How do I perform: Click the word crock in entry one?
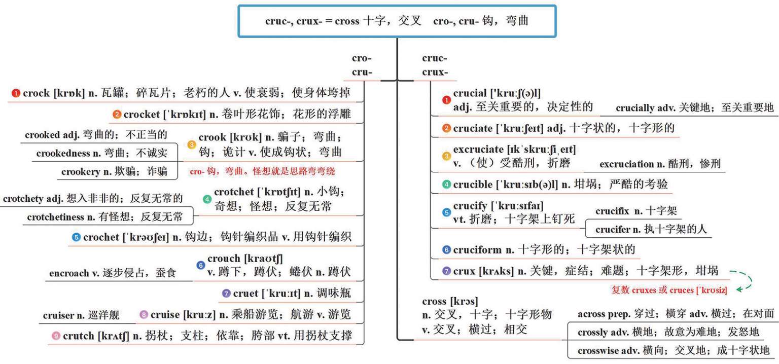[x=36, y=93]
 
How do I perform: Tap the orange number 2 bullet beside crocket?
[x=117, y=115]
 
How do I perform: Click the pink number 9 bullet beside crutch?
[x=56, y=336]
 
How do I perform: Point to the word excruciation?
[x=626, y=164]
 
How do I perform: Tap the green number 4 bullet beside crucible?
[x=447, y=185]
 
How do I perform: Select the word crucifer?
[x=613, y=230]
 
